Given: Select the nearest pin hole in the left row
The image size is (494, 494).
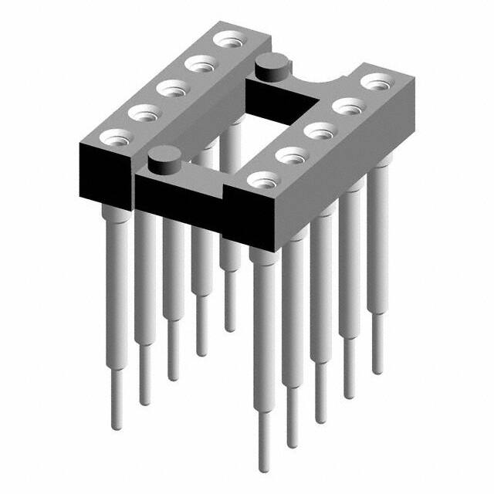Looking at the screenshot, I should pos(115,139).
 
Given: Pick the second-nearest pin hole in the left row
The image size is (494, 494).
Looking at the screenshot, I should pos(143,113).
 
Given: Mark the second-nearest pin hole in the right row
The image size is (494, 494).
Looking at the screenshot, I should pos(290,154).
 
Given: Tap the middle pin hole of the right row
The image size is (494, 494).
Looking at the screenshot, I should pos(318,129).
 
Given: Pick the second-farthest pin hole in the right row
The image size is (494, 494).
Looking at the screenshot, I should pos(347,103).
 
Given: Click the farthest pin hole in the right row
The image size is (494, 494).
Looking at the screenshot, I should pos(375,80).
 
